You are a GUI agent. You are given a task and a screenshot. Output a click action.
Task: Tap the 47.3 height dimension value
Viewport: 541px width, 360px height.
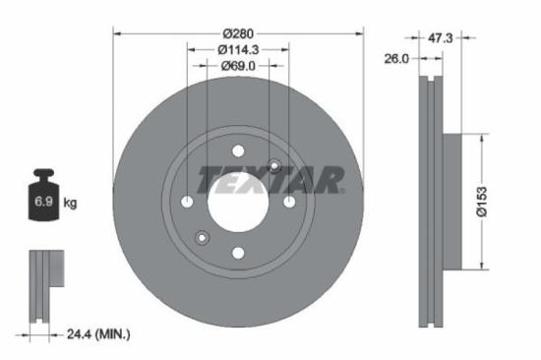pyautogui.click(x=440, y=38)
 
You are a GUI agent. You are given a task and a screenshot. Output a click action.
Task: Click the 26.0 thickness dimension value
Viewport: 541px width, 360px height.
pyautogui.click(x=396, y=59)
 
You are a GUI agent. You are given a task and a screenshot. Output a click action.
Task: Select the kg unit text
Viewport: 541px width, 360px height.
pyautogui.click(x=71, y=203)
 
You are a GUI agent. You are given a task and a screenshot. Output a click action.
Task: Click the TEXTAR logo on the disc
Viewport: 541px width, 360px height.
pyautogui.click(x=270, y=179)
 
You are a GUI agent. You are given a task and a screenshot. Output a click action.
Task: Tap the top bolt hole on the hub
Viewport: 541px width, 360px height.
pyautogui.click(x=237, y=150)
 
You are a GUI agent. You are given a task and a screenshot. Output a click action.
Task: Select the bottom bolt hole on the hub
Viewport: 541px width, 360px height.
pyautogui.click(x=237, y=253)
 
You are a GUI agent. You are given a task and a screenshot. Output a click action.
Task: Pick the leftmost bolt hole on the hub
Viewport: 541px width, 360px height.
pyautogui.click(x=187, y=202)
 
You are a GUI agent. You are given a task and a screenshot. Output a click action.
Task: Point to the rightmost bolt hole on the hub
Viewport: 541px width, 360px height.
pyautogui.click(x=288, y=202)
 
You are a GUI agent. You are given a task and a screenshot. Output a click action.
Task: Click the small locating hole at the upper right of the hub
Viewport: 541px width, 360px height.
pyautogui.click(x=273, y=166)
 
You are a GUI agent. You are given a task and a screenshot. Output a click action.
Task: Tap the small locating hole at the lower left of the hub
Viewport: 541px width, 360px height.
pyautogui.click(x=202, y=237)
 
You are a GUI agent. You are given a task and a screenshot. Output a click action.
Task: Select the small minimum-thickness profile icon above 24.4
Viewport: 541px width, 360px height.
pyautogui.click(x=42, y=284)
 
